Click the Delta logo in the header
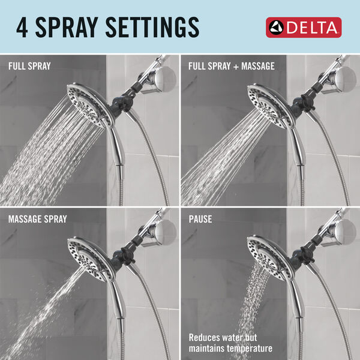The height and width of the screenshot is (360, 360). click(x=304, y=28)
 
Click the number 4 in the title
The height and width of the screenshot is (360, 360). click(x=23, y=28)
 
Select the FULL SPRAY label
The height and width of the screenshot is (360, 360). click(x=29, y=65)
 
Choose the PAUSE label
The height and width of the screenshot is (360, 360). click(x=200, y=219)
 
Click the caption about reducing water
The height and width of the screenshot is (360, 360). click(x=230, y=343)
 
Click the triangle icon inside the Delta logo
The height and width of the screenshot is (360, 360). click(x=278, y=28)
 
